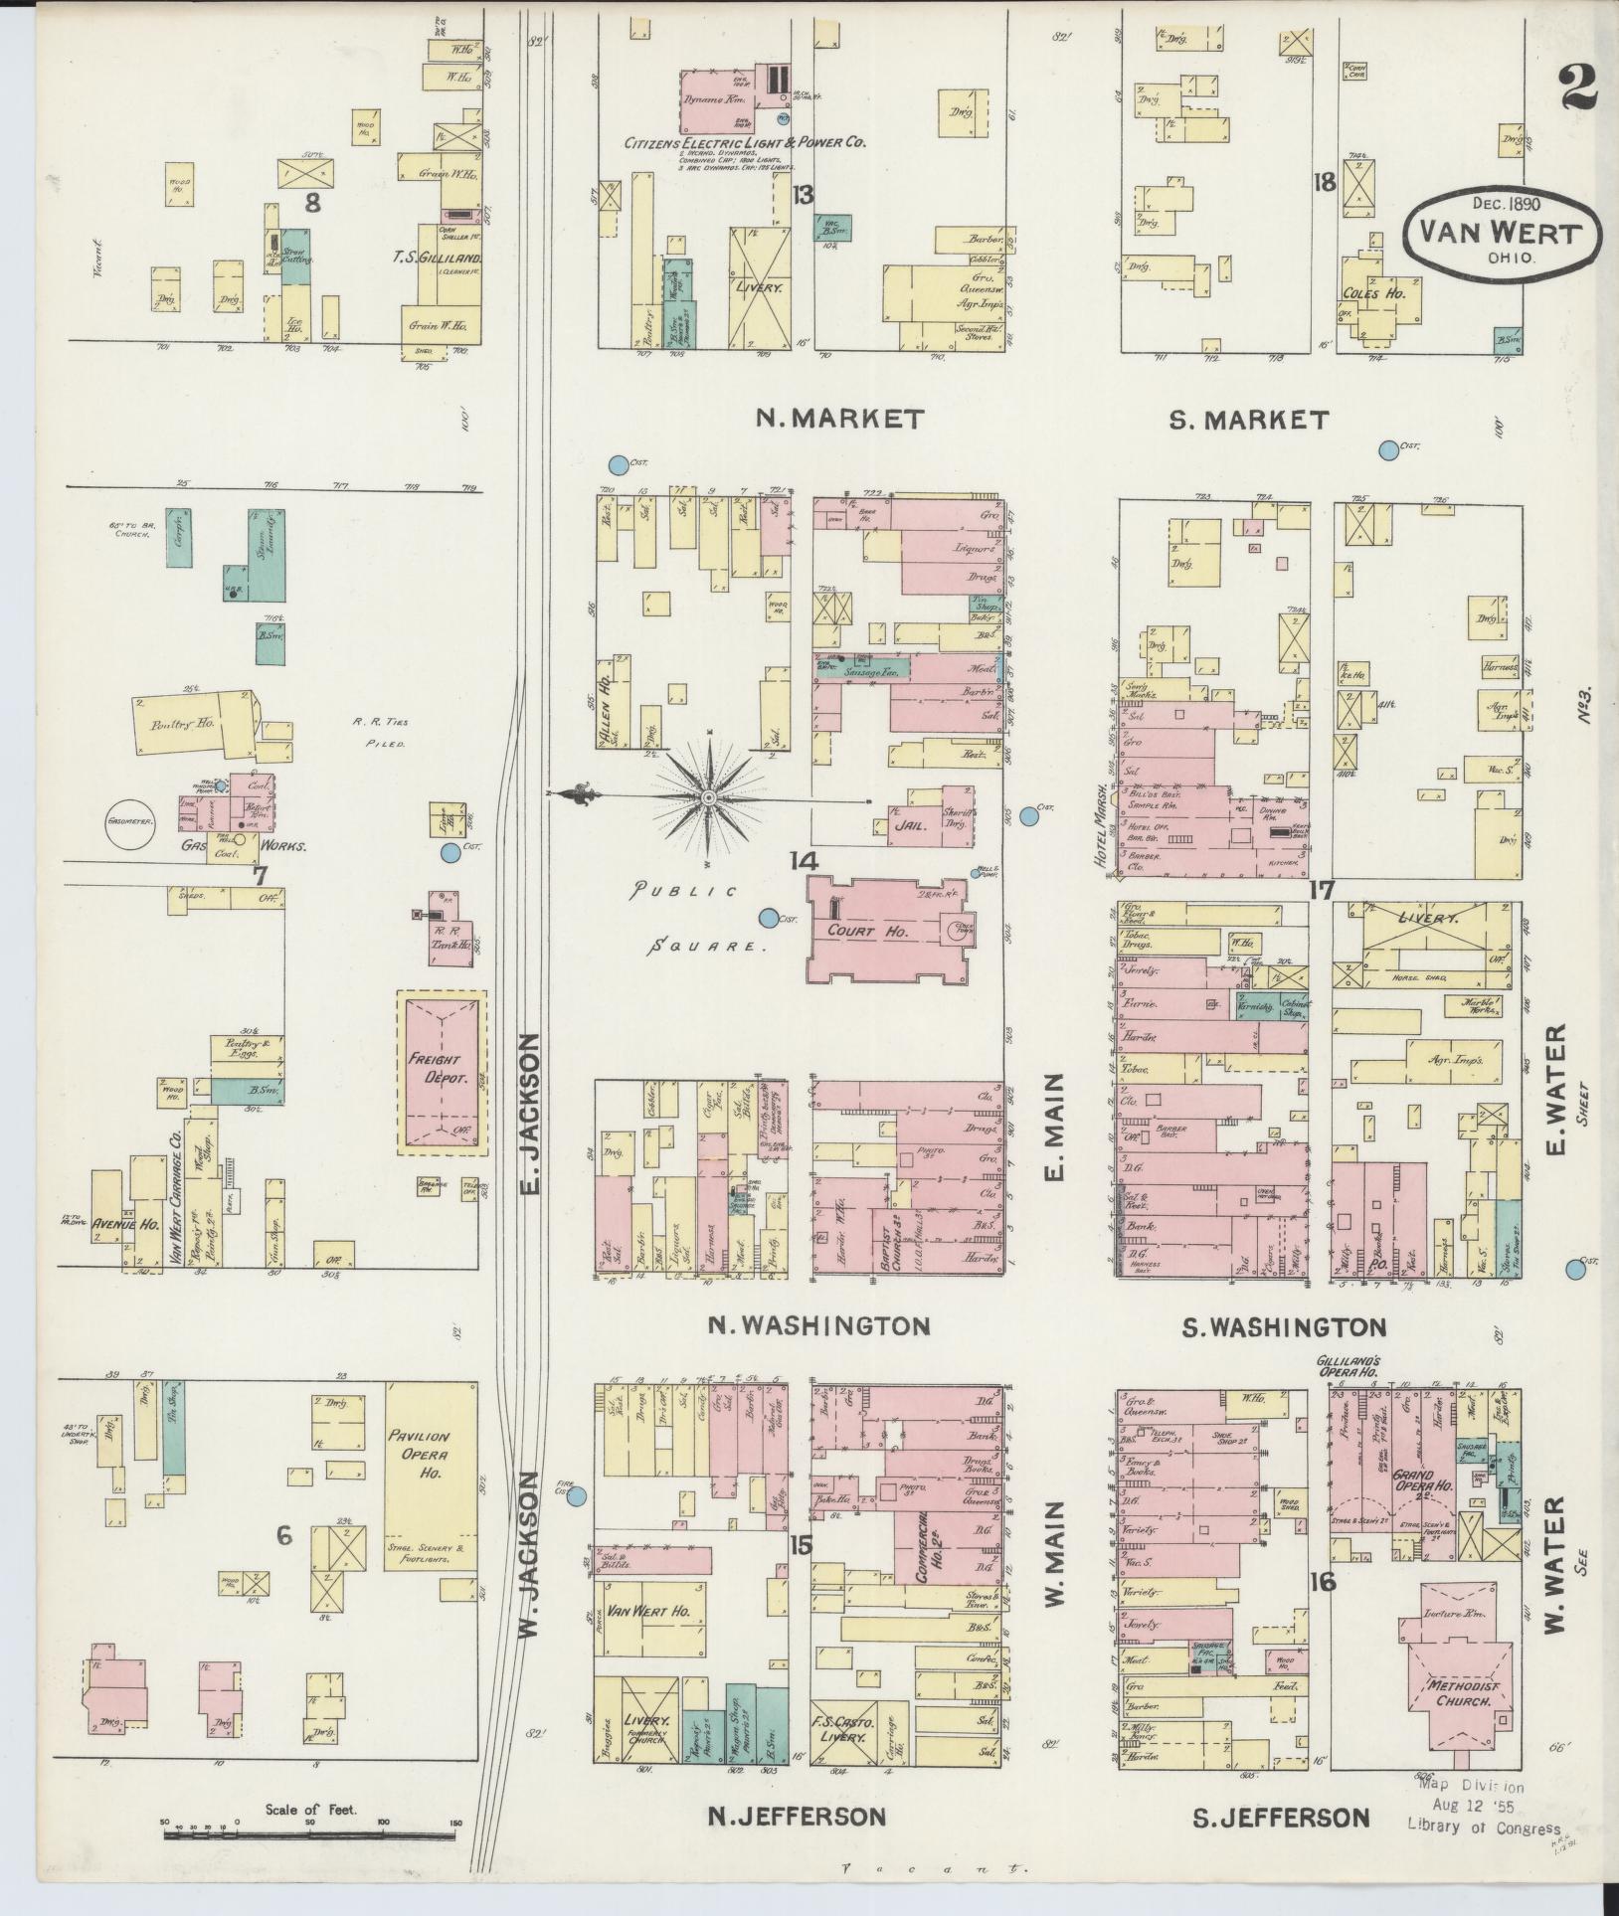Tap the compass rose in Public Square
coord(709,797)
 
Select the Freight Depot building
coord(443,1072)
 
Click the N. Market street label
coord(839,419)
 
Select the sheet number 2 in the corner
coord(1577,87)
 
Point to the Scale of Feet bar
coord(309,1823)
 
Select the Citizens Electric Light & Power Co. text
coord(745,143)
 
